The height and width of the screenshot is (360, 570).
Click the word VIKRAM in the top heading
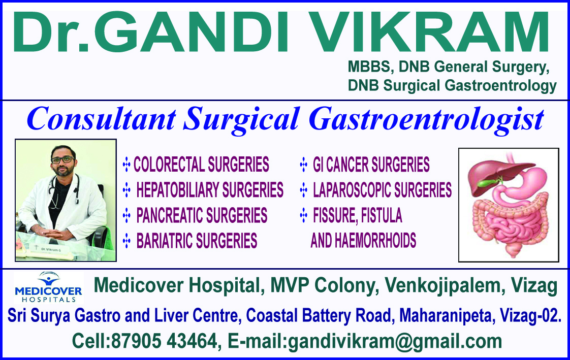[x=429, y=32]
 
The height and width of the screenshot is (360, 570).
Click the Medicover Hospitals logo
[x=48, y=287]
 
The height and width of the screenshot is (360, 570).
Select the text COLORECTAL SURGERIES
[x=201, y=164]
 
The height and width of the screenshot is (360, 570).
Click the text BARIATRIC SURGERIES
[x=197, y=241]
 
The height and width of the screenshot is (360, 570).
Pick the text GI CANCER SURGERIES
[x=371, y=165]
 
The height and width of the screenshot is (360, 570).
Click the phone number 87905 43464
[x=164, y=341]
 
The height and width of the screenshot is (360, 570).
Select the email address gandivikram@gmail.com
[x=395, y=342]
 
